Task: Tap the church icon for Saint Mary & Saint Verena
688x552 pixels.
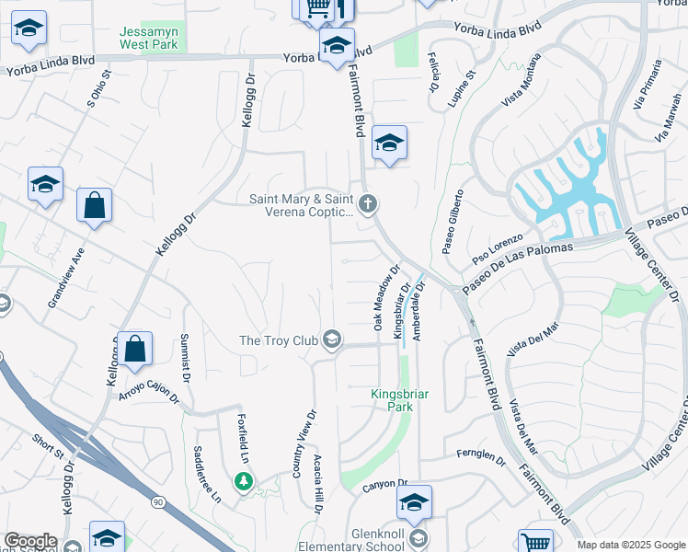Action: [x=368, y=204]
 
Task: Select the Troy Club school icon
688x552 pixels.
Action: [x=332, y=341]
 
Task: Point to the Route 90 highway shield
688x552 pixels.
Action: [x=158, y=501]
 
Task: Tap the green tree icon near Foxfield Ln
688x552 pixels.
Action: [x=243, y=480]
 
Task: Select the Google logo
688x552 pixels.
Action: [x=30, y=541]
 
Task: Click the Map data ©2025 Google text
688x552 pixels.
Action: [x=630, y=545]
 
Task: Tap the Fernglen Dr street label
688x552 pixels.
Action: [x=482, y=455]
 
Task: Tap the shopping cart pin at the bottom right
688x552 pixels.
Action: [x=535, y=541]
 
